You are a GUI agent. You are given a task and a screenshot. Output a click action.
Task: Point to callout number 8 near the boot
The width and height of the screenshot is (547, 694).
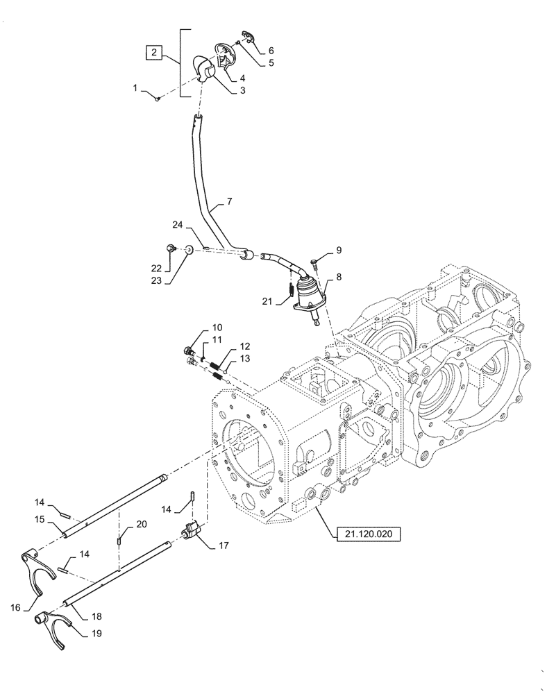(338, 276)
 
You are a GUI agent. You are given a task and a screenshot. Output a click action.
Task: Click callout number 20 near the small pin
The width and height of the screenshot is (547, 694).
(142, 524)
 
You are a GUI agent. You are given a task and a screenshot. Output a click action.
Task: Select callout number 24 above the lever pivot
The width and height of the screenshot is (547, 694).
(178, 224)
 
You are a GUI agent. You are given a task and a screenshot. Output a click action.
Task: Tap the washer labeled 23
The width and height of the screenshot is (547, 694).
(188, 250)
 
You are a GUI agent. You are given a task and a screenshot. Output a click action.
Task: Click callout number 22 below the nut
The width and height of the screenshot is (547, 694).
(156, 268)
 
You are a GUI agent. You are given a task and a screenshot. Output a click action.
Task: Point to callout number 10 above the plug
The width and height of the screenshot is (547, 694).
(217, 326)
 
